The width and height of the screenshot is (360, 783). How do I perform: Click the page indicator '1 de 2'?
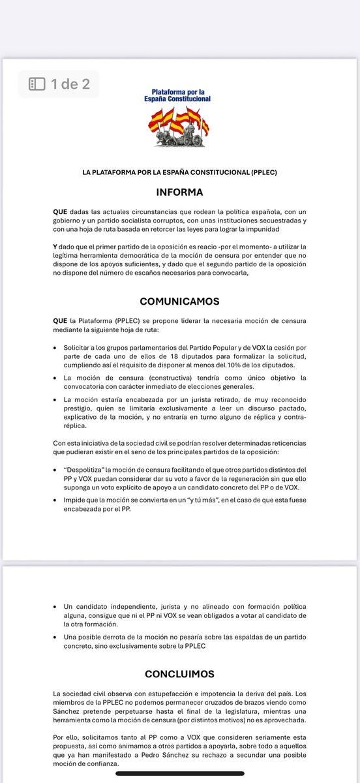pyautogui.click(x=70, y=84)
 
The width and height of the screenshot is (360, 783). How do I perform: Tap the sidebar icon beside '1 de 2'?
pyautogui.click(x=37, y=84)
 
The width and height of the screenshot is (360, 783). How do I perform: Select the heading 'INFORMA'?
pyautogui.click(x=179, y=192)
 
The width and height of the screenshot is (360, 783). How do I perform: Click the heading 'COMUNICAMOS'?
pyautogui.click(x=179, y=302)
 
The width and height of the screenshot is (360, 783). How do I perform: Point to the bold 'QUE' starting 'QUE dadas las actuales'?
pyautogui.click(x=60, y=213)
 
